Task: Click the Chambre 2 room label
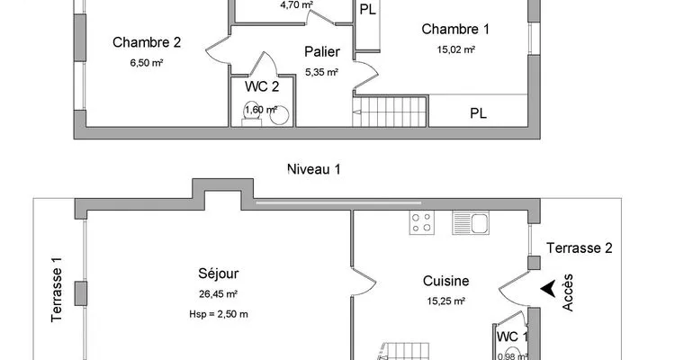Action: pyautogui.click(x=147, y=42)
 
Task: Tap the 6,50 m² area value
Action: pyautogui.click(x=147, y=63)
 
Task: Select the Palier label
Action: pyautogui.click(x=322, y=51)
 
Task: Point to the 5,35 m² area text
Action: pyautogui.click(x=321, y=72)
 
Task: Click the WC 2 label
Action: pyautogui.click(x=262, y=86)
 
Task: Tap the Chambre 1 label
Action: pyautogui.click(x=455, y=30)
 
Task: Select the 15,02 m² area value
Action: pyautogui.click(x=456, y=49)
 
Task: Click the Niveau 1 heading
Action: pyautogui.click(x=314, y=169)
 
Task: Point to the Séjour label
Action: pyautogui.click(x=219, y=274)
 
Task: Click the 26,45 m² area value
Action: pyautogui.click(x=219, y=294)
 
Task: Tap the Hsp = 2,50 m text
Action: pyautogui.click(x=219, y=314)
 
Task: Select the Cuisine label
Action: pyautogui.click(x=446, y=281)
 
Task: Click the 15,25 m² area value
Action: pyautogui.click(x=446, y=301)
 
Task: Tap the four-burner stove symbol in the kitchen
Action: pyautogui.click(x=422, y=222)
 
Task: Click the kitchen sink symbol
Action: pyautogui.click(x=471, y=222)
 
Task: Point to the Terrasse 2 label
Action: pyautogui.click(x=580, y=248)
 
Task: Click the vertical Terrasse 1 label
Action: pyautogui.click(x=57, y=290)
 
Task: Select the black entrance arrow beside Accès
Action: pyautogui.click(x=548, y=289)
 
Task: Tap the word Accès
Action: pyautogui.click(x=568, y=292)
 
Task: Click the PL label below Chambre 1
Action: pyautogui.click(x=478, y=113)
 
